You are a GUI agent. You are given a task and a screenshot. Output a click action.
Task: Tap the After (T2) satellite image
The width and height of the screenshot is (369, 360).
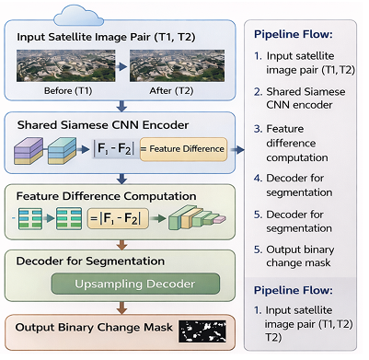coord(166,65)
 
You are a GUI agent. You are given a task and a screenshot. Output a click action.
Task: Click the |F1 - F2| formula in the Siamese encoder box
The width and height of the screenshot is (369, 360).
coord(113,147)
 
